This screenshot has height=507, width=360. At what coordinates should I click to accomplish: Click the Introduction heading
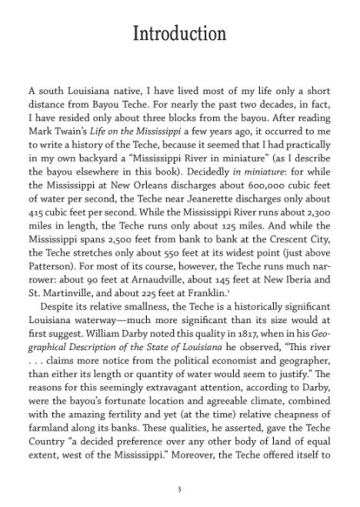coord(180,35)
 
